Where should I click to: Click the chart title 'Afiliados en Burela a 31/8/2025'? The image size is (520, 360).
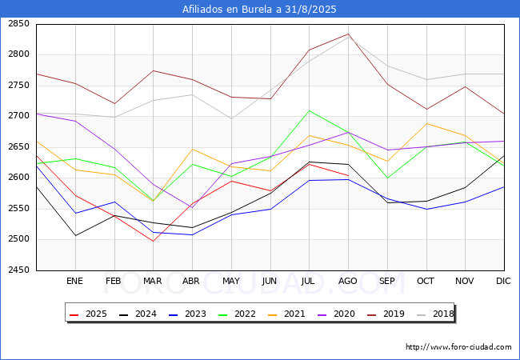pyautogui.click(x=259, y=10)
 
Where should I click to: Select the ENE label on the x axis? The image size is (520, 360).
pyautogui.click(x=74, y=282)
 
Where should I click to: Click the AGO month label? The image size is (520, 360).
pyautogui.click(x=348, y=282)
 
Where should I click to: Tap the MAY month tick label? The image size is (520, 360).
pyautogui.click(x=231, y=282)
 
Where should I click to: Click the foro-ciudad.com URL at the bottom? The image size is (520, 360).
pyautogui.click(x=458, y=347)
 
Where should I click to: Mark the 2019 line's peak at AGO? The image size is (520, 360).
pyautogui.click(x=348, y=34)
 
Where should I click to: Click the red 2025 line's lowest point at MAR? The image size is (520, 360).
pyautogui.click(x=153, y=241)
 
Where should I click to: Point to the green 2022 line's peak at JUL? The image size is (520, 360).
pyautogui.click(x=309, y=110)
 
